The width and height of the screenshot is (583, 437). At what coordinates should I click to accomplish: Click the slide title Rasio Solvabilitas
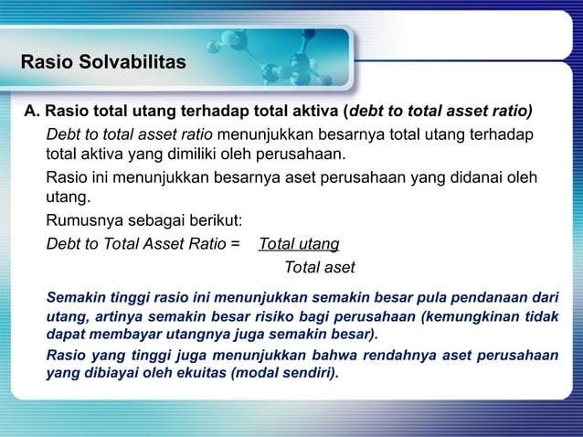tap(102, 63)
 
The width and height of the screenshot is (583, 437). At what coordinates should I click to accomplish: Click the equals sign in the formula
tap(236, 244)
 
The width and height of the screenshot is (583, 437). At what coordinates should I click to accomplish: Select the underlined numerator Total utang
tap(300, 244)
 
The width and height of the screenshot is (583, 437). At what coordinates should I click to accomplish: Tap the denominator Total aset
tap(319, 268)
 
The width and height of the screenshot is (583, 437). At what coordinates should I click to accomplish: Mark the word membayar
tap(122, 335)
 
